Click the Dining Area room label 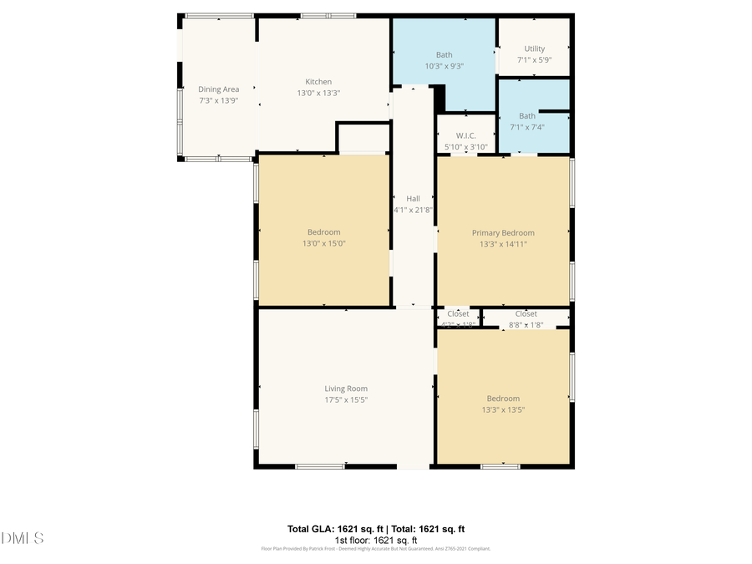pos(218,89)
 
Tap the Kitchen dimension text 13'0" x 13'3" pos(318,93)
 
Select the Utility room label pos(534,49)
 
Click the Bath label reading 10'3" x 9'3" pos(444,66)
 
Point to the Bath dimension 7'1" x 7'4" pos(527,127)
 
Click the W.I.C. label pos(465,135)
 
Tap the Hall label pos(413,199)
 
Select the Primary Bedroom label pos(503,233)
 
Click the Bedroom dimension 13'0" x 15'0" pos(323,243)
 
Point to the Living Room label pos(346,389)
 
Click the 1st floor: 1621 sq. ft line pos(375,540)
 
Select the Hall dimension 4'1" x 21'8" pos(413,210)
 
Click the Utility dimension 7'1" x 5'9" pos(534,60)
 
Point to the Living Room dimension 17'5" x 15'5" pos(346,399)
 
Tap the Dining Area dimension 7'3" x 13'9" pos(218,100)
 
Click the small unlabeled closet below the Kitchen pos(363,138)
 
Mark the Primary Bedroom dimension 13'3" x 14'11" pos(503,244)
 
